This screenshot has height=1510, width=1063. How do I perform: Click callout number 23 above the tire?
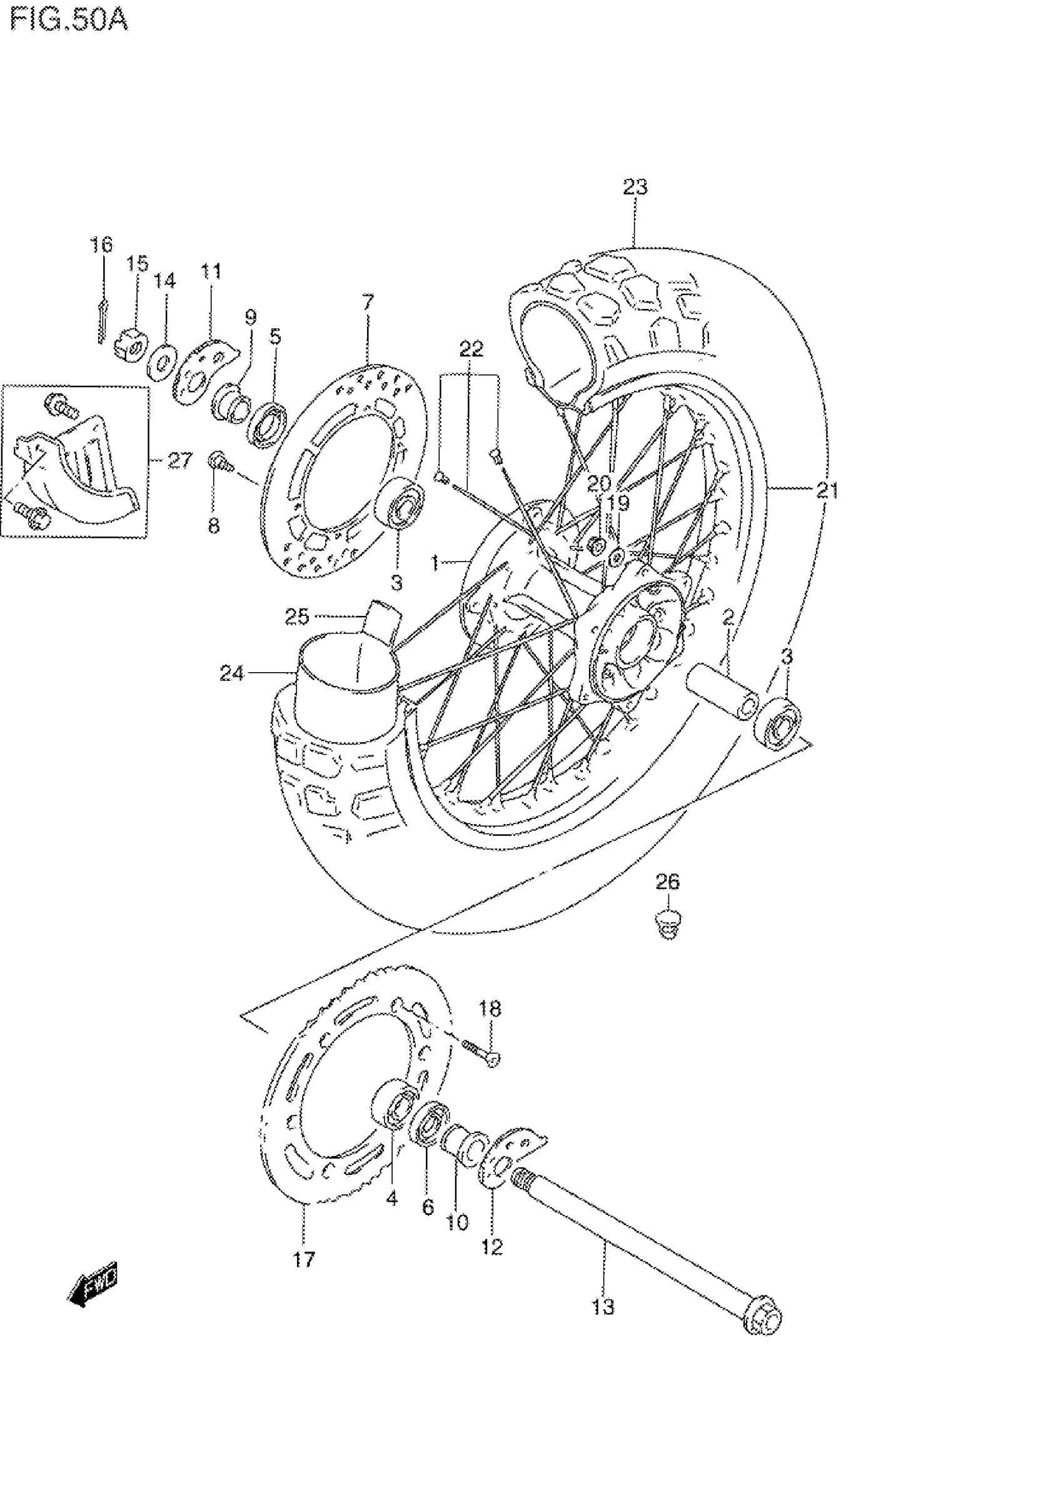point(635,188)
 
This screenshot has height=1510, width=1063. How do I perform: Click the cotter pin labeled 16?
point(101,322)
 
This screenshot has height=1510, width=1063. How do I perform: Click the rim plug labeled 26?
point(668,924)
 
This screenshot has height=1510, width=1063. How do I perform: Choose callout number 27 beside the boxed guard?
point(179,460)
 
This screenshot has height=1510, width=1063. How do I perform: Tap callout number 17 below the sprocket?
point(305,1259)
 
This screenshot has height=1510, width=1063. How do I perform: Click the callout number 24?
point(231,673)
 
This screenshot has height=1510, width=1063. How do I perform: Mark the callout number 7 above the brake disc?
point(368,303)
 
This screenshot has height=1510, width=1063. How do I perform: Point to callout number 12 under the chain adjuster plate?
point(492,1246)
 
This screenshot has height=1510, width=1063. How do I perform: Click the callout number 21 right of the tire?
point(827,490)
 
